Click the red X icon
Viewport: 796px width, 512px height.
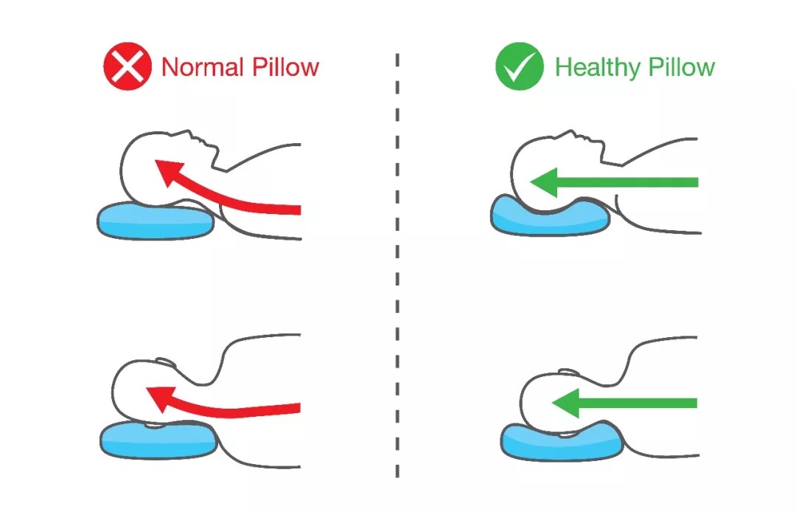point(128,67)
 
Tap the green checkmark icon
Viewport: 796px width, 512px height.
point(519,67)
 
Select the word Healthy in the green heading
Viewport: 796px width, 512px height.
point(597,67)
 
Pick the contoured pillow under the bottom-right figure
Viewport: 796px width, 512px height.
point(560,441)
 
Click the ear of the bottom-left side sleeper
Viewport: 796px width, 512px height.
point(167,364)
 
